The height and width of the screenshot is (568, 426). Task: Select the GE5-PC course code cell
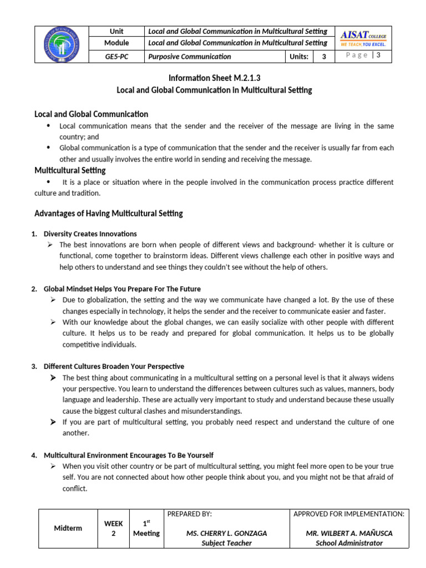pyautogui.click(x=116, y=57)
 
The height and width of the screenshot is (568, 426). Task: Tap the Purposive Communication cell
pyautogui.click(x=189, y=57)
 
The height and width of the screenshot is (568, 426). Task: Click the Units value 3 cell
pyautogui.click(x=324, y=57)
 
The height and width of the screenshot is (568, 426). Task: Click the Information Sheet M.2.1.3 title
pyautogui.click(x=214, y=78)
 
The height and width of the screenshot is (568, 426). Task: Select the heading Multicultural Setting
pyautogui.click(x=70, y=170)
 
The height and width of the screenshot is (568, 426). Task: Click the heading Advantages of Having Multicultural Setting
pyautogui.click(x=108, y=214)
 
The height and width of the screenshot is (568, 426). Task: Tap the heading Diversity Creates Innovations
pyautogui.click(x=90, y=234)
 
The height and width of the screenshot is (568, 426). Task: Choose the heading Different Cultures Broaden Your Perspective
pyautogui.click(x=114, y=366)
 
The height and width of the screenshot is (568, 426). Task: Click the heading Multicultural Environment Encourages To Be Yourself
pyautogui.click(x=128, y=455)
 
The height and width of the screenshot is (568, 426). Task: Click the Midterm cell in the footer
pyautogui.click(x=68, y=528)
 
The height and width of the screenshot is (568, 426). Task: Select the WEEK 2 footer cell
pyautogui.click(x=113, y=528)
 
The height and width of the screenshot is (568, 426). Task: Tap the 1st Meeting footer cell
pyautogui.click(x=146, y=528)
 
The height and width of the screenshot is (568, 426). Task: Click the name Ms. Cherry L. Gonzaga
pyautogui.click(x=226, y=533)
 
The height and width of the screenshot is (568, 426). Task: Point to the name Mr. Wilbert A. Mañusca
pyautogui.click(x=349, y=533)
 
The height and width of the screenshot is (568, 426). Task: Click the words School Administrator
pyautogui.click(x=349, y=543)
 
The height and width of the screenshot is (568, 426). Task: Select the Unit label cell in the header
pyautogui.click(x=116, y=31)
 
